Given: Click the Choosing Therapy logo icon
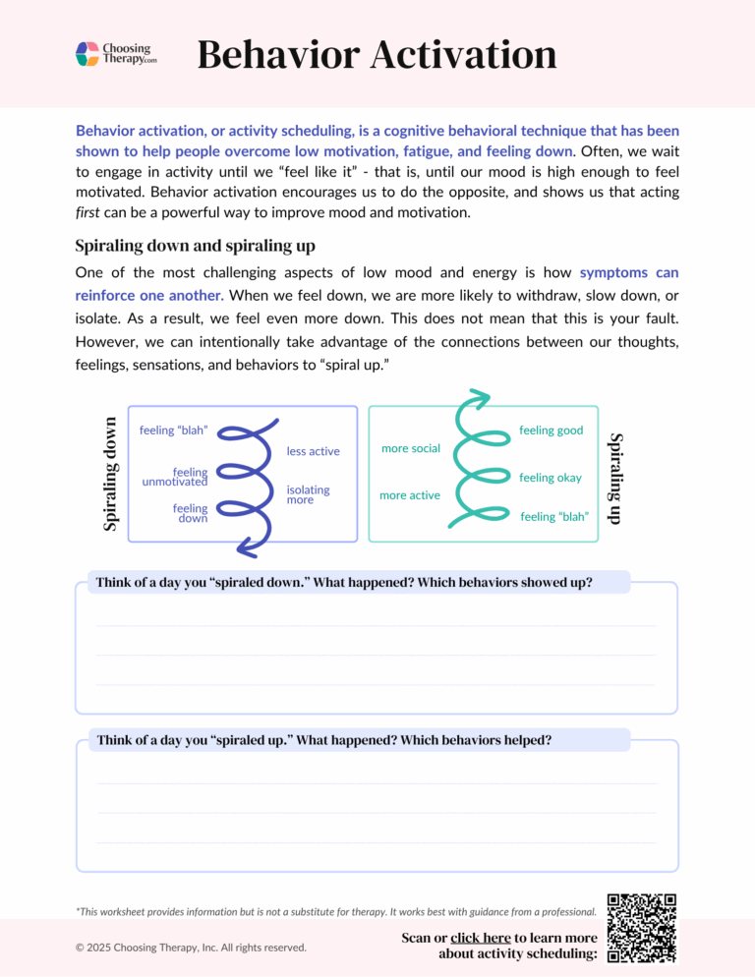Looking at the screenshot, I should [x=87, y=54].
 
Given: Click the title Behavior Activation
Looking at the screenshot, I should [x=377, y=54].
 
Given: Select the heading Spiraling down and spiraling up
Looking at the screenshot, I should [x=195, y=245].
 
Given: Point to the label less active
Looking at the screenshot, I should [x=313, y=451].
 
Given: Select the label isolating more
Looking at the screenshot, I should [x=308, y=494].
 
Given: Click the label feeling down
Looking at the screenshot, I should [x=190, y=513].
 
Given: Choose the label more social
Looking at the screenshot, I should [x=411, y=448].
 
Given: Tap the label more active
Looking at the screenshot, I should [x=410, y=495].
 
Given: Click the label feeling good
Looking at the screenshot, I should [x=552, y=431].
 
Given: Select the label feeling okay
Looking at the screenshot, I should [x=551, y=478].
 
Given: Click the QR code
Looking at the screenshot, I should [x=642, y=928].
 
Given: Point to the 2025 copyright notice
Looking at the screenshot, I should [x=191, y=947].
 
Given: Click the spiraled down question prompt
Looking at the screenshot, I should [x=344, y=582].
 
